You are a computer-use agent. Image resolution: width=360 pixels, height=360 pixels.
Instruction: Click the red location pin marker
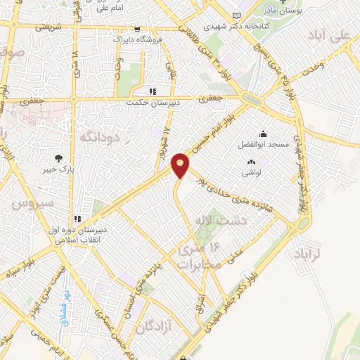tap(181, 165)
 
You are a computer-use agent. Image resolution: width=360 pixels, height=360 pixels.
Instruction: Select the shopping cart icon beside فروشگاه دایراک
tap(135, 30)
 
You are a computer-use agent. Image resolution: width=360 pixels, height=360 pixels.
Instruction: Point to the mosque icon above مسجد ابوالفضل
tap(263, 134)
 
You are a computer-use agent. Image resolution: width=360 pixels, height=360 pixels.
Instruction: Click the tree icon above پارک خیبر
tap(59, 158)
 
